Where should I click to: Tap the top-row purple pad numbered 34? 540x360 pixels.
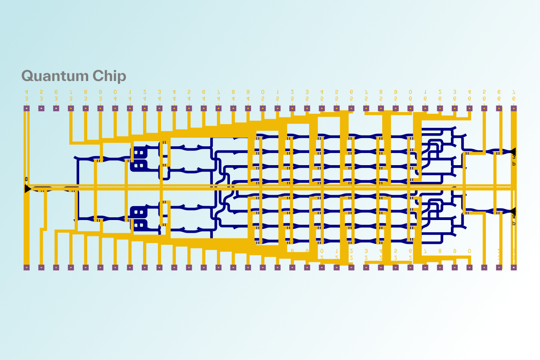tap(27, 108)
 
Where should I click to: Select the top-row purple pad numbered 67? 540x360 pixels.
tap(513, 108)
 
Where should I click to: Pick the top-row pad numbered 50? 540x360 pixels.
tap(262, 108)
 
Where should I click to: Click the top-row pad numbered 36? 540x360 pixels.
tap(56, 108)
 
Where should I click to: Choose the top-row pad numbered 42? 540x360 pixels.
tap(144, 108)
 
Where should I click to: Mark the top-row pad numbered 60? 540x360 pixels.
tap(410, 108)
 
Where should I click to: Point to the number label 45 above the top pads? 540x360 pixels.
tap(189, 95)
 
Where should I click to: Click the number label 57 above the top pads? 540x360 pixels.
tap(366, 95)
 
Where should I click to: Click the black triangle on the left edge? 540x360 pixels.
tap(27, 189)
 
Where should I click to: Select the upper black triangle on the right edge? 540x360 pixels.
tap(513, 151)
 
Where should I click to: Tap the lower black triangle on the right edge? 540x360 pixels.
tap(513, 211)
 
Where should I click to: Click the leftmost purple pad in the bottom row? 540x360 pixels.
tap(27, 267)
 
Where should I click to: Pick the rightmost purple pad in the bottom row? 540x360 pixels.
tap(513, 267)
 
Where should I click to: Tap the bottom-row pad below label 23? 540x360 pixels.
tap(366, 267)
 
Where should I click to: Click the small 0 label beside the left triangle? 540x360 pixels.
tap(27, 179)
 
